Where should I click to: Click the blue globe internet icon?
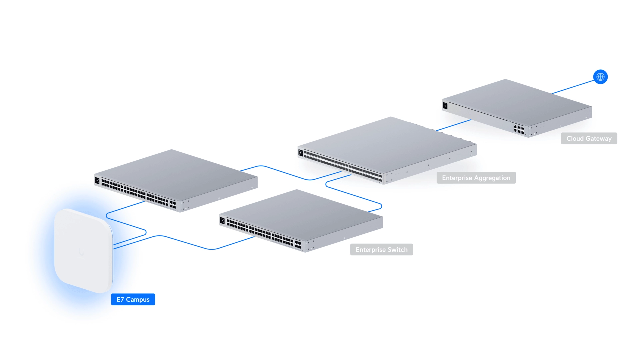(600, 77)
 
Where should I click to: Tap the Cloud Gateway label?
(589, 138)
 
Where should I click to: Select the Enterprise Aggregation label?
(476, 178)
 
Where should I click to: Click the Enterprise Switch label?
(381, 249)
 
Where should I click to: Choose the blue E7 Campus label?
(133, 299)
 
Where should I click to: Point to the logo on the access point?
(81, 252)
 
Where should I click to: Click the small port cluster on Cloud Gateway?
(519, 129)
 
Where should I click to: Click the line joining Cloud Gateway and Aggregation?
(453, 125)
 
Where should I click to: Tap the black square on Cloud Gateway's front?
(445, 106)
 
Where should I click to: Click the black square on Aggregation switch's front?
(301, 153)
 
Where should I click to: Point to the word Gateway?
(599, 139)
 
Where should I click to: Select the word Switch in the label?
(398, 250)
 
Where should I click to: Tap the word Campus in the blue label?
(138, 300)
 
